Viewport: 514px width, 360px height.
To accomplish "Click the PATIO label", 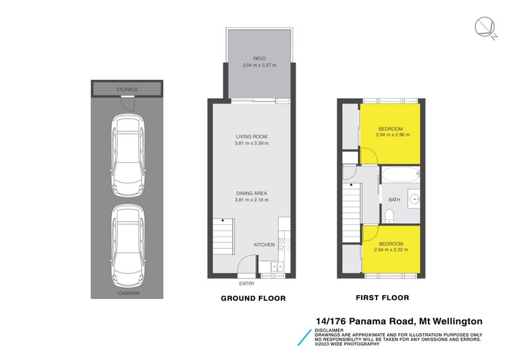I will (x=259, y=59).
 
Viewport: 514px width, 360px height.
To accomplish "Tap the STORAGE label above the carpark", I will (x=127, y=89).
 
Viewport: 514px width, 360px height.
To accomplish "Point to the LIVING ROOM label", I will (x=251, y=136).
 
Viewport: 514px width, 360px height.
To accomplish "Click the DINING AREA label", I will (x=251, y=193).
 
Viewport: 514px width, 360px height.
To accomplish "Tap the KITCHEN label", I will (x=264, y=245).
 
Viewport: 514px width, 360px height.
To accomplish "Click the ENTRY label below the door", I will (x=247, y=283).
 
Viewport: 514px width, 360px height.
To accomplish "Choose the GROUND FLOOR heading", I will (x=253, y=298).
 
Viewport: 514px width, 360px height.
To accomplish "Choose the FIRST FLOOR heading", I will (x=382, y=298).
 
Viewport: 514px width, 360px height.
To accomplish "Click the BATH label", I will (x=394, y=200).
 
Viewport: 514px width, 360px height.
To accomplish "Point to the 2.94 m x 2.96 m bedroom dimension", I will (x=392, y=135).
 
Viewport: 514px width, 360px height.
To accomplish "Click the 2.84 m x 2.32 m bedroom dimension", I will (x=391, y=249).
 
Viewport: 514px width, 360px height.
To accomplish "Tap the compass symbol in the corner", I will (x=484, y=27).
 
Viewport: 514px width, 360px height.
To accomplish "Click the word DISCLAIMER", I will (x=329, y=330).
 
